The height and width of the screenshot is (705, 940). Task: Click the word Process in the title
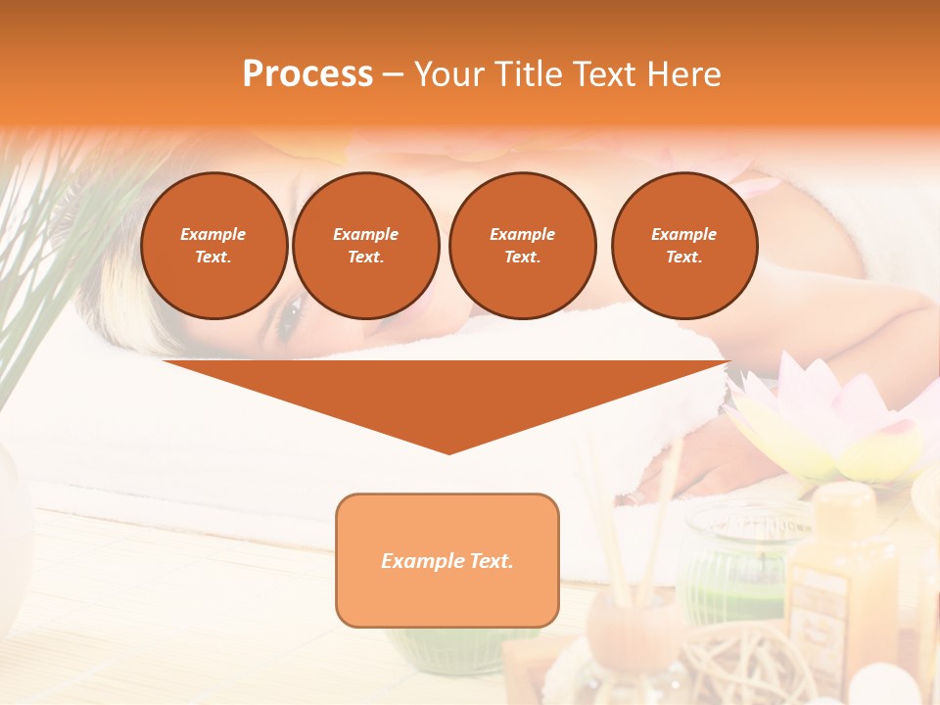pyautogui.click(x=307, y=74)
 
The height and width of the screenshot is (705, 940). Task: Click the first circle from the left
pyautogui.click(x=213, y=246)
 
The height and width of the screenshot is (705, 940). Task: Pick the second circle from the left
pyautogui.click(x=365, y=246)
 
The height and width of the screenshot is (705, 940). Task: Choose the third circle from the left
pyautogui.click(x=522, y=246)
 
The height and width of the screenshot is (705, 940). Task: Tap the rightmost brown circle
pyautogui.click(x=683, y=246)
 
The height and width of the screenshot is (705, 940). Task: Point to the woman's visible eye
pyautogui.click(x=292, y=318)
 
